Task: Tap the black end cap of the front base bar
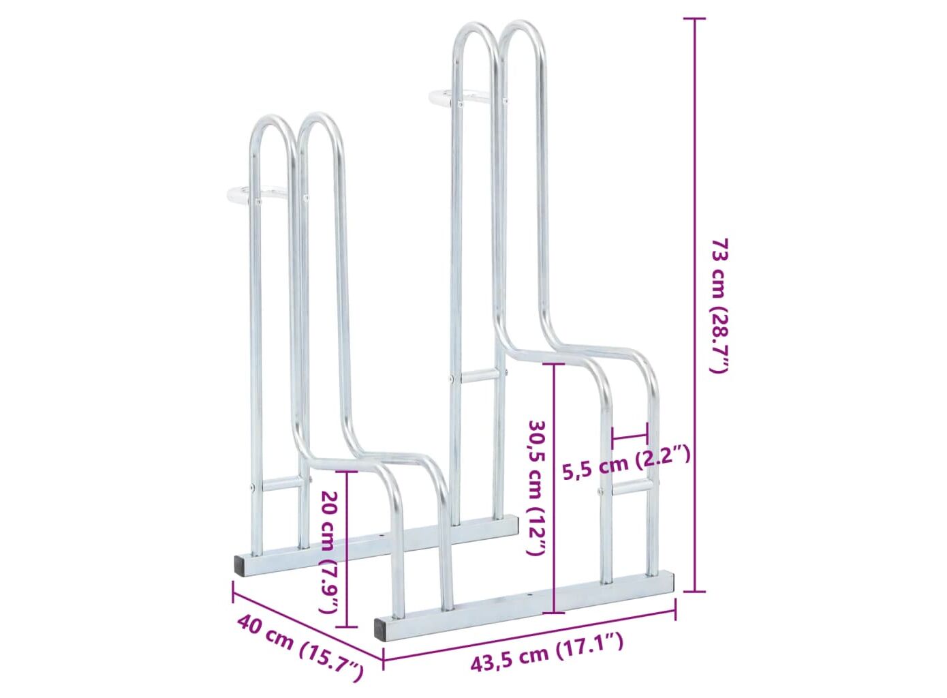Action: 384,630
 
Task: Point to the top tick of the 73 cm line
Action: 694,18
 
